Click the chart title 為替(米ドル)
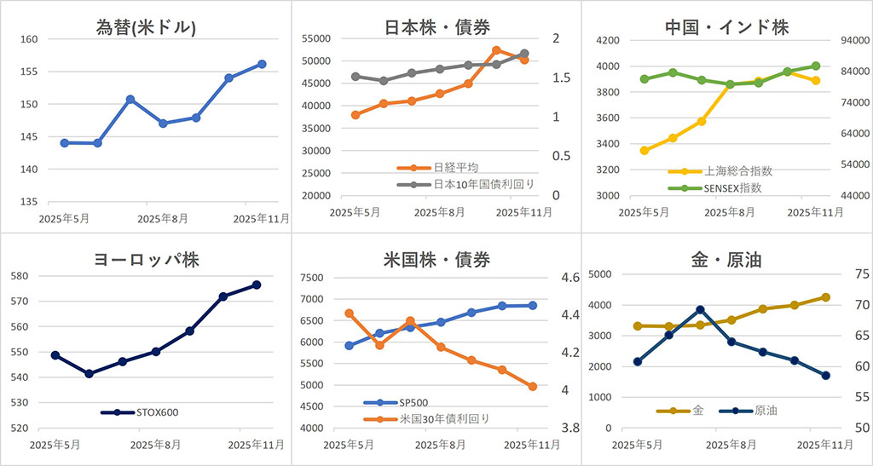click(147, 27)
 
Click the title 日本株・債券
click(436, 27)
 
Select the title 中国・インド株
click(726, 27)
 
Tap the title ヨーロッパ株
click(147, 261)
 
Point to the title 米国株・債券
click(436, 261)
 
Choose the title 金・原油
click(726, 261)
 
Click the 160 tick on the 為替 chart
click(28, 39)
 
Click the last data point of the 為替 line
click(262, 64)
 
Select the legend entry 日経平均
click(452, 168)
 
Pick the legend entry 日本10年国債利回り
click(469, 184)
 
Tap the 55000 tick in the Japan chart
click(316, 39)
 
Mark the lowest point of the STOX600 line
click(89, 373)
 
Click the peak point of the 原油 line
click(700, 310)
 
